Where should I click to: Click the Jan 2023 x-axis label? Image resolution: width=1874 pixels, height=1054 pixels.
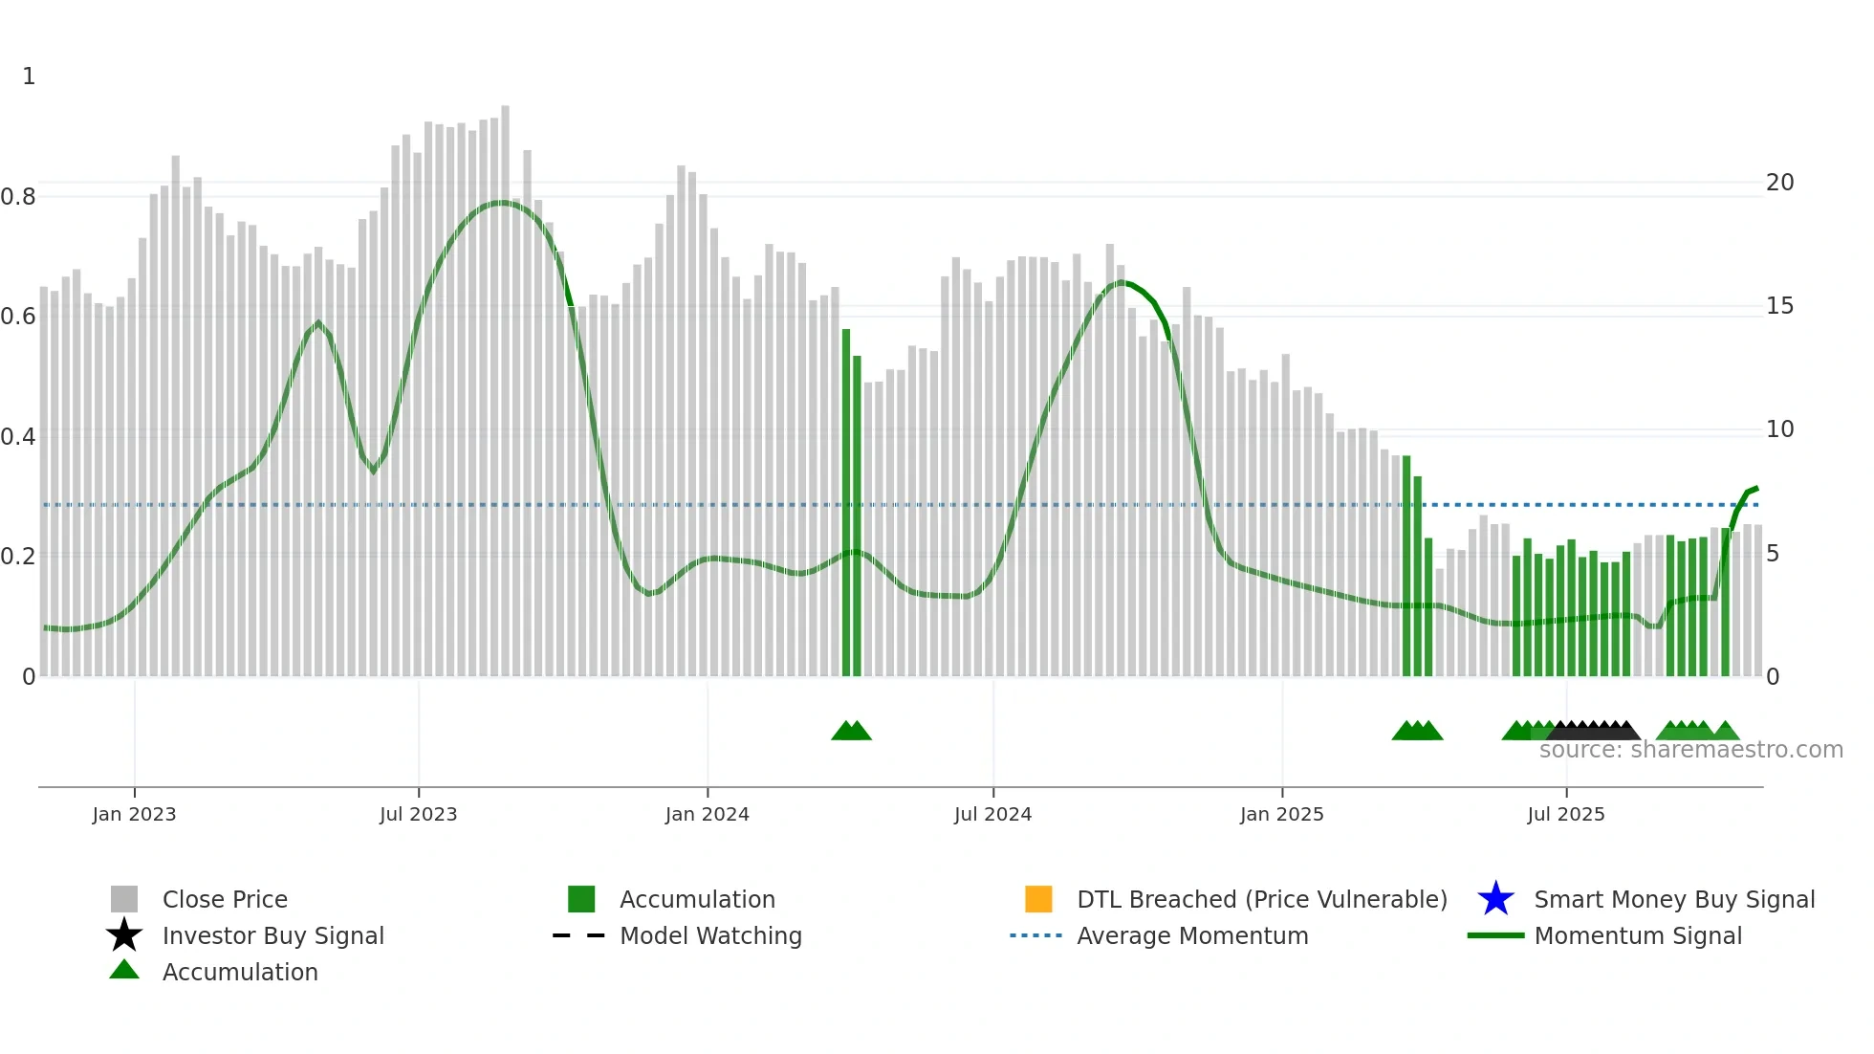pos(134,814)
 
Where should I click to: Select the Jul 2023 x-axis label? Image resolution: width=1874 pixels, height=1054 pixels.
pos(418,814)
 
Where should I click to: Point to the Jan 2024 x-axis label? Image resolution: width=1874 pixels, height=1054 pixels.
pos(707,814)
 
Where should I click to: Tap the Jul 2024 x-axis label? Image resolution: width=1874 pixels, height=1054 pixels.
pos(992,814)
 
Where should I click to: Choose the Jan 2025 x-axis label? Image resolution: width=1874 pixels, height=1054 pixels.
pos(1281,814)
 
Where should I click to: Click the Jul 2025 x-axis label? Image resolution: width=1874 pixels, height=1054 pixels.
pos(1565,814)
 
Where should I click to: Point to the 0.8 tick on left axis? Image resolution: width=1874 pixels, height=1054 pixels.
pos(18,197)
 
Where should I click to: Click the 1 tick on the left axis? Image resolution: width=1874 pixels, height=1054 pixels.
pos(29,77)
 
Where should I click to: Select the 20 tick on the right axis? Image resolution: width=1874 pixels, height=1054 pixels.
pos(1779,183)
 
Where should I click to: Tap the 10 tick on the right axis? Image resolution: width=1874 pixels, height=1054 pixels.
pos(1779,429)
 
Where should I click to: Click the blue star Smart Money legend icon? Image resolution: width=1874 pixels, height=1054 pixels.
pos(1495,899)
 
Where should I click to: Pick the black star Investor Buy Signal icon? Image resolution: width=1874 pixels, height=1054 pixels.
pos(124,935)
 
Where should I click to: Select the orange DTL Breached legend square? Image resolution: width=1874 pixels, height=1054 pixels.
pos(1038,899)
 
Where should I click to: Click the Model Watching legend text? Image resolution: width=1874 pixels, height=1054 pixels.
pos(710,935)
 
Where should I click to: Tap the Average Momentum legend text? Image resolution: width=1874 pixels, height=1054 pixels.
pos(1192,935)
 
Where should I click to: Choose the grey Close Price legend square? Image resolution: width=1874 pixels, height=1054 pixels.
pos(124,899)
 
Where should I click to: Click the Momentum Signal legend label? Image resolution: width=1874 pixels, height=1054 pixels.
pos(1638,935)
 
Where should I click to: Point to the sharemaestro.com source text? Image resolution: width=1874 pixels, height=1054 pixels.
pos(1690,750)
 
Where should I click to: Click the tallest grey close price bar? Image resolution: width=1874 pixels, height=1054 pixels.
pos(505,383)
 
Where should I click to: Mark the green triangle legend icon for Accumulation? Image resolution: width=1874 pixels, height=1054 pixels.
pos(124,970)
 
